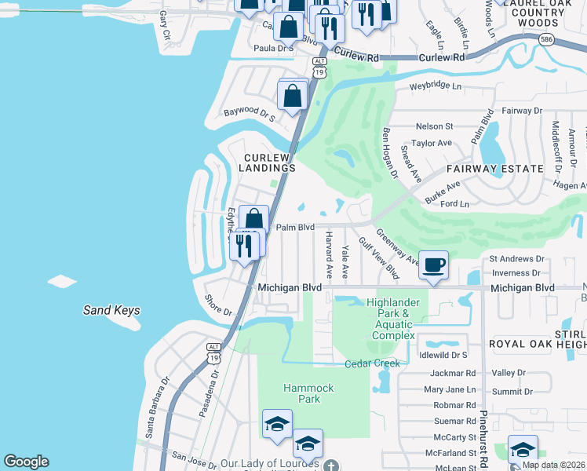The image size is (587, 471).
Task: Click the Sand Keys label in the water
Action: [x=111, y=311]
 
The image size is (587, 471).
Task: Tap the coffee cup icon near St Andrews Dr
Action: [x=433, y=265]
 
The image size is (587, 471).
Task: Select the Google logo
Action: [x=26, y=462]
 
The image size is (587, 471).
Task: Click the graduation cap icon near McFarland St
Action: [x=523, y=450]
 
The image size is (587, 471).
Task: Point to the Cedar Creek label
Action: [x=373, y=363]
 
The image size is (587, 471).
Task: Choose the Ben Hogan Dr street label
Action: [x=390, y=152]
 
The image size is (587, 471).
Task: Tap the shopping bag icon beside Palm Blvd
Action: [x=253, y=219]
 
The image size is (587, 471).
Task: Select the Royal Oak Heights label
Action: [x=537, y=344]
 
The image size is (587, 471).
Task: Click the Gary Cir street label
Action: [x=164, y=25]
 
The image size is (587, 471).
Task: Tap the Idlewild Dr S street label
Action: [x=443, y=356]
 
